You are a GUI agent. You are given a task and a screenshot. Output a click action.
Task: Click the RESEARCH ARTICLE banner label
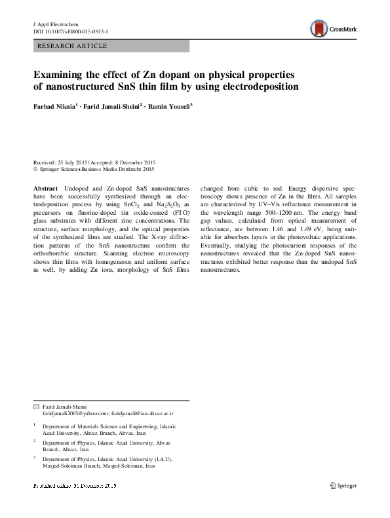pos(73,46)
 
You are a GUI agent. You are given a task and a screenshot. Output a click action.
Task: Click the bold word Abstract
pos(45,187)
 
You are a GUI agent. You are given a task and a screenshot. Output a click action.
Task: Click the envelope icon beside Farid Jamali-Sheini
pos(36,407)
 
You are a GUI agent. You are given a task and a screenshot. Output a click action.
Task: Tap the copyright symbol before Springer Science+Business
pos(35,169)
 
